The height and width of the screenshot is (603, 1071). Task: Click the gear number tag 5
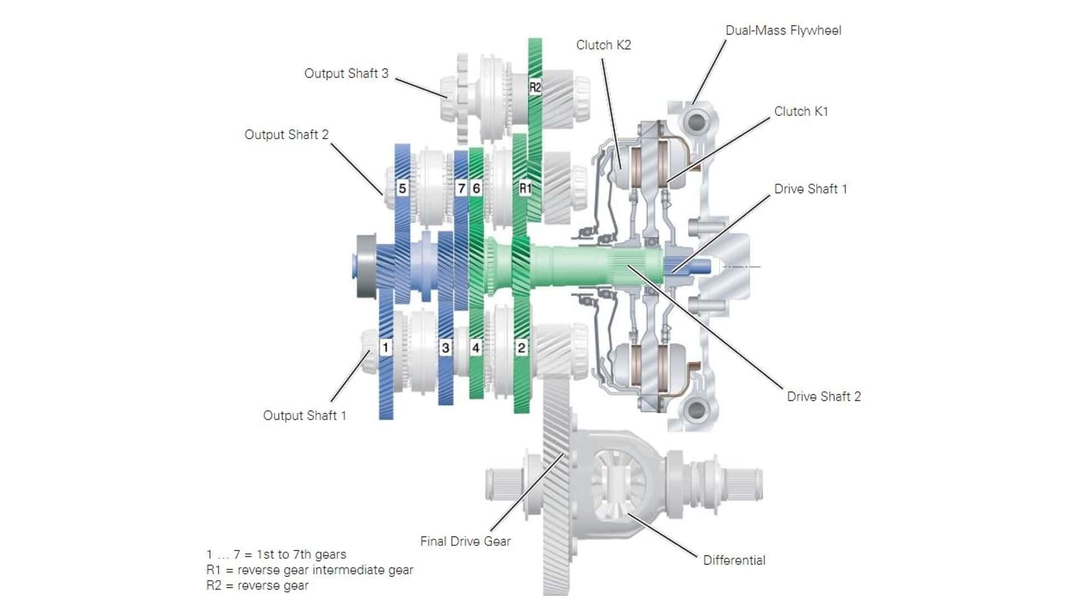tap(402, 188)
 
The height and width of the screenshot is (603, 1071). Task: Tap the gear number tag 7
tap(461, 188)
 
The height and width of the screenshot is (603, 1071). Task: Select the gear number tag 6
tap(476, 188)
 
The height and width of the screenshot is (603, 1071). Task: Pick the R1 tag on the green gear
tap(525, 188)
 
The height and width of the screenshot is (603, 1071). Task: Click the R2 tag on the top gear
tap(535, 87)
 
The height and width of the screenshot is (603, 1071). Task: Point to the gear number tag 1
tap(385, 347)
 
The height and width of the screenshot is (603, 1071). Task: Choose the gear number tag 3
tap(445, 348)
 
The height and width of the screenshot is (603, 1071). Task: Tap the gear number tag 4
tap(476, 348)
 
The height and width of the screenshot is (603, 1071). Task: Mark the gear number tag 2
tap(521, 348)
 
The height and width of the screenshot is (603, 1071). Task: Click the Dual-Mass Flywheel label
tap(783, 31)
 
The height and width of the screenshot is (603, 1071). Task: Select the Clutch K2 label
tap(604, 45)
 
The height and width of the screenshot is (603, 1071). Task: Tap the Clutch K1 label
tap(801, 112)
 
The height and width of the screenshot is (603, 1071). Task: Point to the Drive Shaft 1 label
tap(811, 189)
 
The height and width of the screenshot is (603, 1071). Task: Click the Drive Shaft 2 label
tap(824, 397)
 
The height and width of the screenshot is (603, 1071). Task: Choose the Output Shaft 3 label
tap(346, 74)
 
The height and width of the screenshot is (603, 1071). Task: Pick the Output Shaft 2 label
tap(287, 135)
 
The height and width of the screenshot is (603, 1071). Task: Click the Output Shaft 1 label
tap(305, 416)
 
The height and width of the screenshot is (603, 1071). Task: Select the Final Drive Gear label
tap(465, 542)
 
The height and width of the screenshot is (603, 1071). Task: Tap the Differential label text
tap(734, 561)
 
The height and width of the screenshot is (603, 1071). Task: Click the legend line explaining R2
tap(257, 586)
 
